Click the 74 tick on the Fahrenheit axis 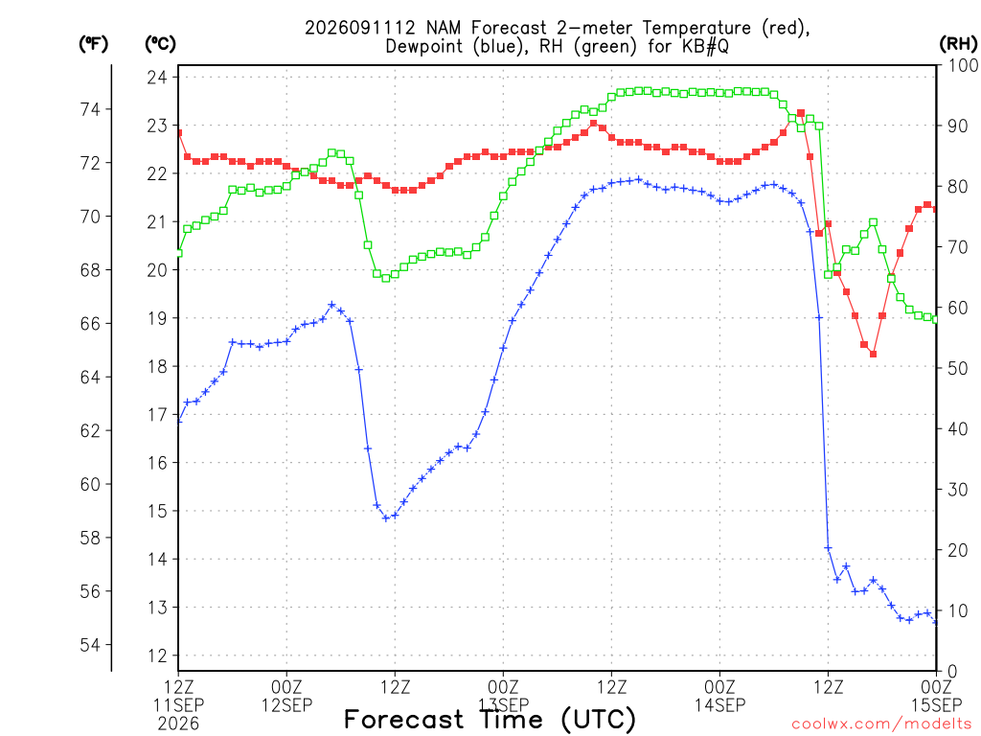coord(90,109)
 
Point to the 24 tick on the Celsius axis coord(157,78)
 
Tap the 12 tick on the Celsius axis coord(157,655)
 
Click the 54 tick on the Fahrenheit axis coord(90,645)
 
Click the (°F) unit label coord(93,44)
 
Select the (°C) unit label coord(160,44)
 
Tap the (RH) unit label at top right coord(958,43)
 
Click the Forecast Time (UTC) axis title coord(490,720)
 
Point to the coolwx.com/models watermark coord(881,724)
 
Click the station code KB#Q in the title coord(705,46)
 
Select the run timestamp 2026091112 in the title coord(360,28)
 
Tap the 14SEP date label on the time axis coord(719,705)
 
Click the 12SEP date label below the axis coord(286,705)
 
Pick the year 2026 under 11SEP coord(178,724)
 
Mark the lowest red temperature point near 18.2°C coord(873,355)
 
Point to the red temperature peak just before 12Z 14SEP coord(801,113)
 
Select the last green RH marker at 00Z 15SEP coord(935,319)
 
